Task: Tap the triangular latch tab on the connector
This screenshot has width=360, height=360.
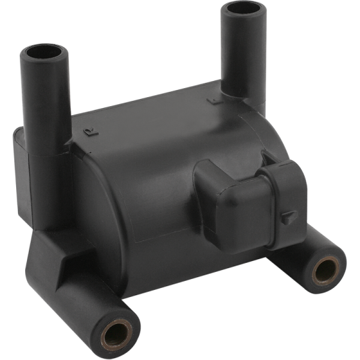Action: click(290, 217)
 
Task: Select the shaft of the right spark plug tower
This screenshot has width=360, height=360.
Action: click(243, 54)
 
